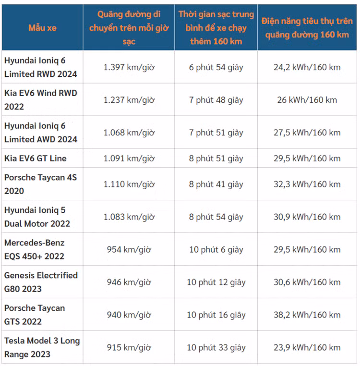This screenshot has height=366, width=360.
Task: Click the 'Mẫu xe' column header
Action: tap(42, 28)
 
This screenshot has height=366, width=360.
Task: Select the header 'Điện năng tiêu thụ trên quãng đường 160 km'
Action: tap(307, 28)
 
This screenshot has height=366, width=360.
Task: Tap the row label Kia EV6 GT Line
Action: tap(36, 158)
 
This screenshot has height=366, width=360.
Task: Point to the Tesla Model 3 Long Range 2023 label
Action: tap(42, 347)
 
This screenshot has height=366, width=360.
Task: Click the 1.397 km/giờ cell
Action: tap(129, 67)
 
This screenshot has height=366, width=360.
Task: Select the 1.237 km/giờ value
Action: tap(129, 100)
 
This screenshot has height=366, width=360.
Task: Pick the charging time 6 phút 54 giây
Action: tap(216, 67)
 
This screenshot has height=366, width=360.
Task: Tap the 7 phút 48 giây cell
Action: tap(216, 100)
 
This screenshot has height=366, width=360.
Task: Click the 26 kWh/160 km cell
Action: tap(307, 100)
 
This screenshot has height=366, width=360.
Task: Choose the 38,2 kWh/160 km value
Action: tap(307, 315)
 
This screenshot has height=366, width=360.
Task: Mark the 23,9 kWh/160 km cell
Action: tap(307, 347)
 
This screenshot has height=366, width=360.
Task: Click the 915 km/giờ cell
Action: tap(129, 347)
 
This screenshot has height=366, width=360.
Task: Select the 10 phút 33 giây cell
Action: tap(216, 347)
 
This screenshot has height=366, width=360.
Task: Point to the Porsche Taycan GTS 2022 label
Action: tap(35, 315)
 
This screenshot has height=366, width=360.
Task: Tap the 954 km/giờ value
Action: tap(129, 249)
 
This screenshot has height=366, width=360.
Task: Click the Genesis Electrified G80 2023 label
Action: tap(41, 282)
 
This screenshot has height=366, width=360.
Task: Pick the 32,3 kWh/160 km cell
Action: tap(307, 184)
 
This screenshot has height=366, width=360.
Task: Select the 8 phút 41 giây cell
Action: tap(216, 184)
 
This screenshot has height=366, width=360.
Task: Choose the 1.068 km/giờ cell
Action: tap(129, 133)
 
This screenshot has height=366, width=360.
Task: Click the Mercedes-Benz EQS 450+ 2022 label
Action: tap(35, 249)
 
